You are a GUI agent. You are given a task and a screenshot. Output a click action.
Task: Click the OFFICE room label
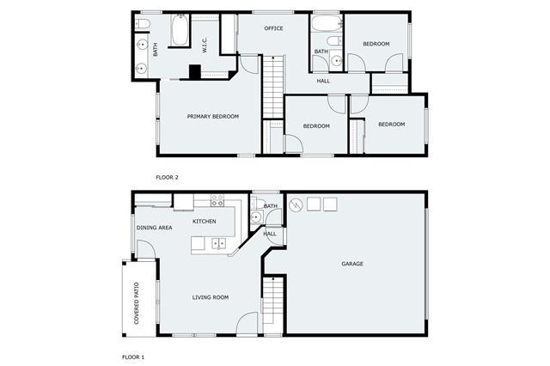click(273, 28)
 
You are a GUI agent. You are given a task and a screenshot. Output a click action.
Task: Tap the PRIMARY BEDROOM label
click(213, 116)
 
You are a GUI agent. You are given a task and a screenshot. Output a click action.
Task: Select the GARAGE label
click(352, 264)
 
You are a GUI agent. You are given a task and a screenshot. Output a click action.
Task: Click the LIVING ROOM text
click(211, 297)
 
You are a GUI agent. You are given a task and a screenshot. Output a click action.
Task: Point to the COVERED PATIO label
click(137, 303)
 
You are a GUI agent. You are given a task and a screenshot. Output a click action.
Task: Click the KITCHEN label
click(205, 221)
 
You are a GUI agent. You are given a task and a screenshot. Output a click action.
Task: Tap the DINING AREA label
click(155, 228)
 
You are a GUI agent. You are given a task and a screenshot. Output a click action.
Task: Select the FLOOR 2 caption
click(167, 177)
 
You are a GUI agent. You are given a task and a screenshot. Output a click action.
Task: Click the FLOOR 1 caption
click(133, 357)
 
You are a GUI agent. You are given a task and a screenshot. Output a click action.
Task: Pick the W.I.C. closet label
click(205, 46)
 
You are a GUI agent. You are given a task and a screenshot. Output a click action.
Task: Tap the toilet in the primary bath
click(143, 23)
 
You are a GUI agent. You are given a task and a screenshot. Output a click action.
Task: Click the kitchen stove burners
click(217, 200)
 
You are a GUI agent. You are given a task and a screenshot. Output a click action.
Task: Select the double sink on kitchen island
click(218, 243)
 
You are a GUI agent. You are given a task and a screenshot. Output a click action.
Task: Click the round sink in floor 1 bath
click(256, 217)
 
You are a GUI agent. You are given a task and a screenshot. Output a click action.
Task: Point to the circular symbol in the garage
click(296, 204)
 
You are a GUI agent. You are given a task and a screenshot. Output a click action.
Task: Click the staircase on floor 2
click(273, 87)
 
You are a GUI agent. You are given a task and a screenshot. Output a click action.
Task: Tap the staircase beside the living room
click(272, 301)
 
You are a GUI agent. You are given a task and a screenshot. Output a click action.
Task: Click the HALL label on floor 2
click(323, 81)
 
